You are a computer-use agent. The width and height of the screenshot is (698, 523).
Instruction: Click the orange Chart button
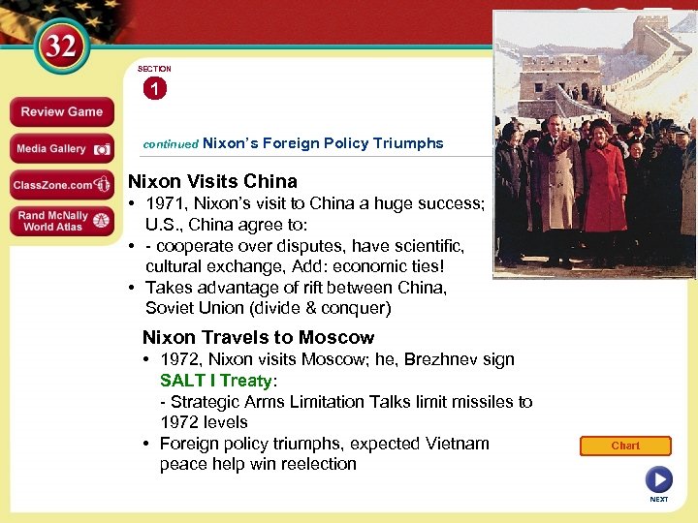[x=625, y=446]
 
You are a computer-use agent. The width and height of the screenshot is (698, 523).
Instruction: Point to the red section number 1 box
[x=154, y=89]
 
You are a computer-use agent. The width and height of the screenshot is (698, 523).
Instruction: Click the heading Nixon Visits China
[x=213, y=181]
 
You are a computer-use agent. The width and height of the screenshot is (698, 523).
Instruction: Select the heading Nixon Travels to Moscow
[x=258, y=337]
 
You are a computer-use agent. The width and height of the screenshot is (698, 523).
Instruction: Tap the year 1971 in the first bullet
[x=167, y=203]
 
